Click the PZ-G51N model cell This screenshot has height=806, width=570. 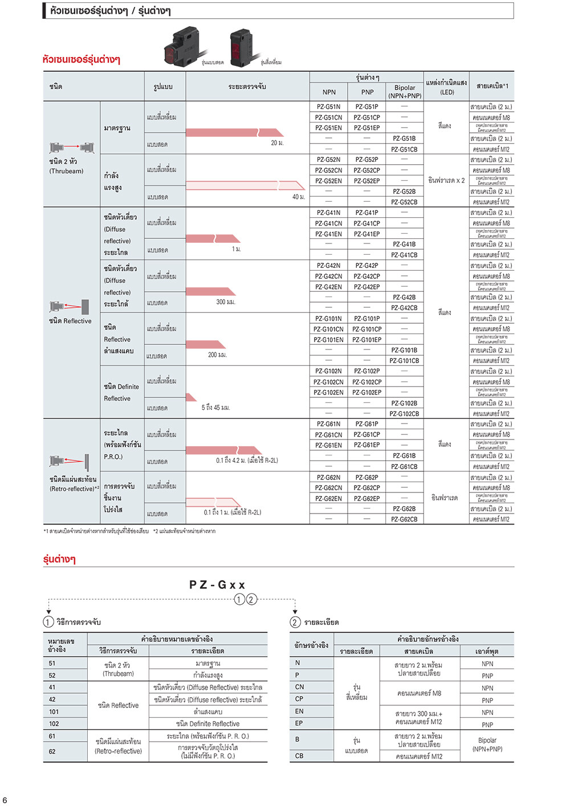328,107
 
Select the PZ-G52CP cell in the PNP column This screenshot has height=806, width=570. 367,170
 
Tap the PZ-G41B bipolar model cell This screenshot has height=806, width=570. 404,245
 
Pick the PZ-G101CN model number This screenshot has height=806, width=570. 328,329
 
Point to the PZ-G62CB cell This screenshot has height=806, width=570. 404,519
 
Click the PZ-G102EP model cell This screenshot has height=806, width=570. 367,393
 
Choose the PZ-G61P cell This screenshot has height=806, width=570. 367,424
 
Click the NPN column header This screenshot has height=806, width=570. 329,92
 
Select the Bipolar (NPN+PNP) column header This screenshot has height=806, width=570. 405,92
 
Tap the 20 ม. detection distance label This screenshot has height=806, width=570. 278,143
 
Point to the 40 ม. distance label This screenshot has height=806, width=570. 299,197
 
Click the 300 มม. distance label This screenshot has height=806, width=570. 226,302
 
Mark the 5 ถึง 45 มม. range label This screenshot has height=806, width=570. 215,408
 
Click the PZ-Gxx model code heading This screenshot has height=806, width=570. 217,585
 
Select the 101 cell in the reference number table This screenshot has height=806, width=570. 54,711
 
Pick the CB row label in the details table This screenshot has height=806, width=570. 299,756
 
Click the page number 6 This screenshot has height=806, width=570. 5,800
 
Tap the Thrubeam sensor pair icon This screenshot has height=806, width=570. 71,148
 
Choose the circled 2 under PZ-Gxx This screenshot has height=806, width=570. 251,599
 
